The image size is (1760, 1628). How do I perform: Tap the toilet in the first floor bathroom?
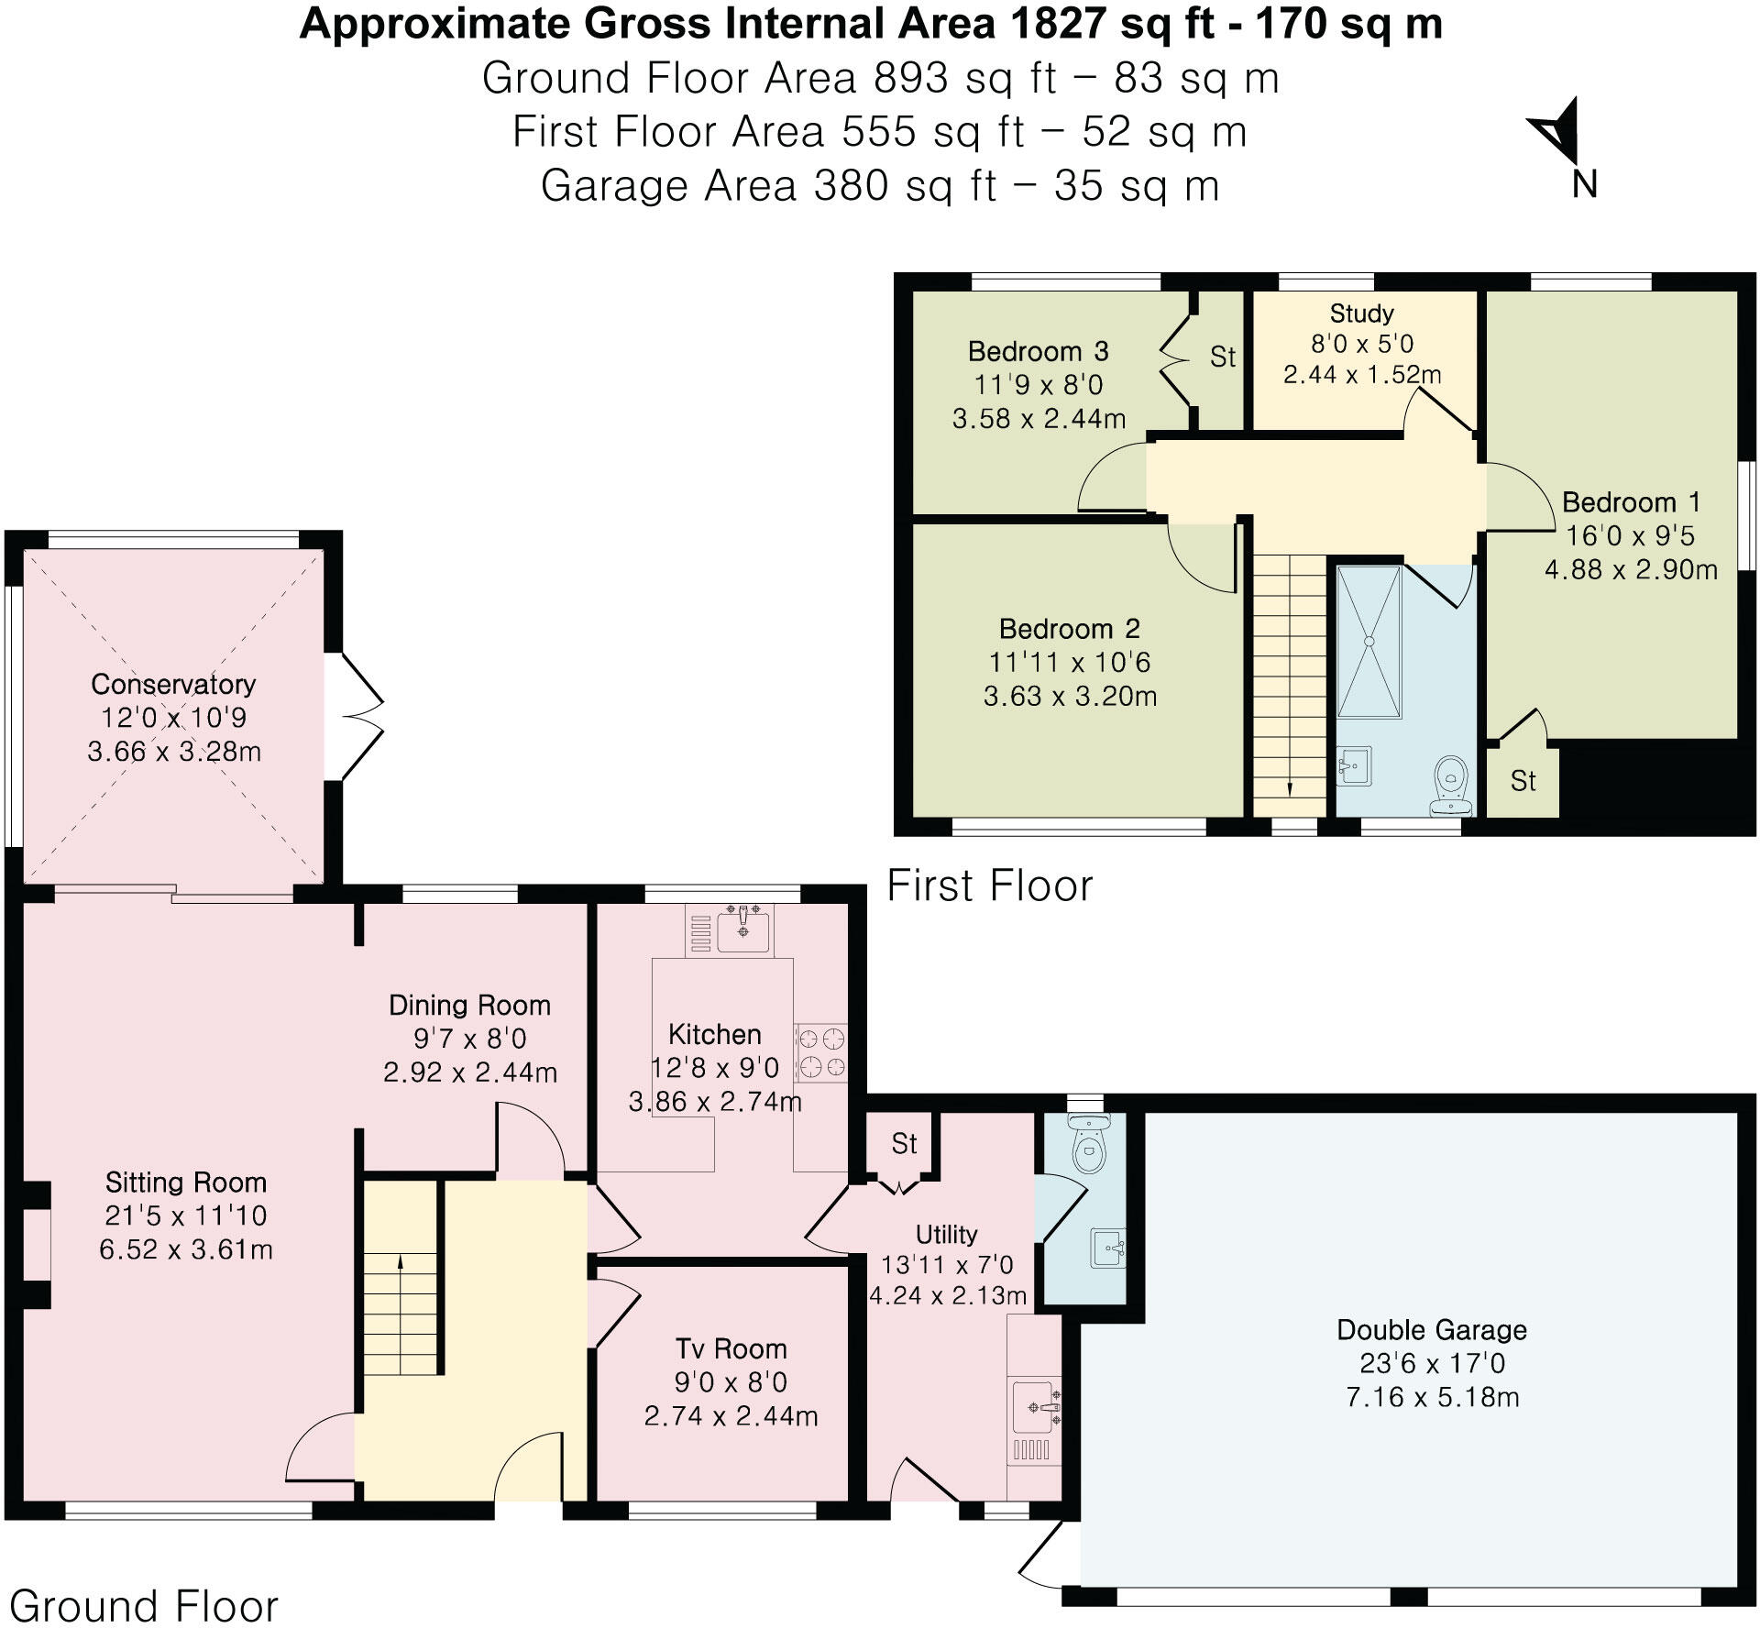tap(1451, 785)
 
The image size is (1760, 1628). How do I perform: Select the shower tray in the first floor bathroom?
tap(1369, 642)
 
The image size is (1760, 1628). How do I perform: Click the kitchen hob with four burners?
tap(820, 1052)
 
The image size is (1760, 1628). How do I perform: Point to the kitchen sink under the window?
tap(742, 929)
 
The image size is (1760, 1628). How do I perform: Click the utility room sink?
tap(1036, 1407)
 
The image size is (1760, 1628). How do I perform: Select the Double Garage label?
tap(1431, 1330)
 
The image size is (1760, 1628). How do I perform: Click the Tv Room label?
tap(731, 1348)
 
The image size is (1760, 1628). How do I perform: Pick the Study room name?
tap(1361, 313)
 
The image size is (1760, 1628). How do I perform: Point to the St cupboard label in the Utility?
tap(904, 1143)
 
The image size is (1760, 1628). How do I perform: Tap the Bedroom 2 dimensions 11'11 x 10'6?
tap(1069, 663)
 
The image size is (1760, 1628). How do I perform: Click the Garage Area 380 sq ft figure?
tap(904, 187)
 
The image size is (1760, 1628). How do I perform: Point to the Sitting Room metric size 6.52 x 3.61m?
tap(185, 1249)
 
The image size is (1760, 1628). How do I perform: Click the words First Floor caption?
tap(990, 886)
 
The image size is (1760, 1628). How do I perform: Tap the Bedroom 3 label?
tap(1038, 352)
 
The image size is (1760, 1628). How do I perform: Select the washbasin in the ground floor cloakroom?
tap(1107, 1248)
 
